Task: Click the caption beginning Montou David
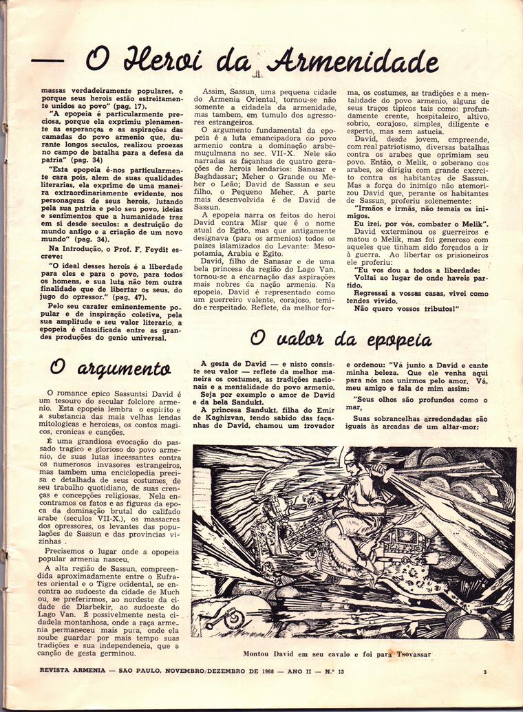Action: pos(337,654)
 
